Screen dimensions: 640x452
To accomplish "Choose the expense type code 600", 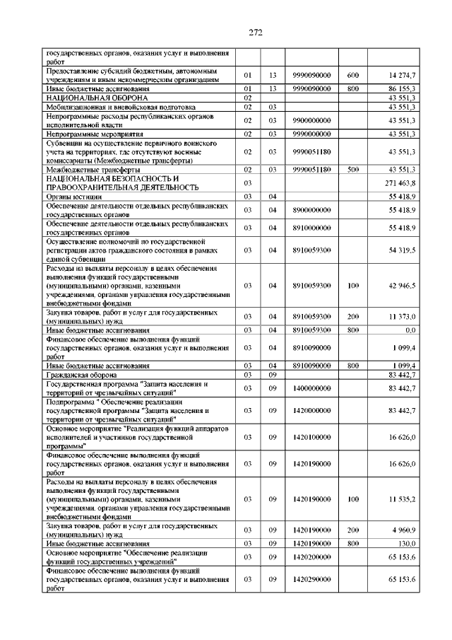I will pos(353,74).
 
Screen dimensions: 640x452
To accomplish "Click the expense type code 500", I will pos(353,170).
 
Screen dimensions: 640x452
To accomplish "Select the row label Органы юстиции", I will pos(74,196).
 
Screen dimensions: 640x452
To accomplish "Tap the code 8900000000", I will pos(311,210).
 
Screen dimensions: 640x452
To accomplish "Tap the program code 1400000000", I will pos(311,388).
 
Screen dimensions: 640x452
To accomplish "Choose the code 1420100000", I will pos(311,437).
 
